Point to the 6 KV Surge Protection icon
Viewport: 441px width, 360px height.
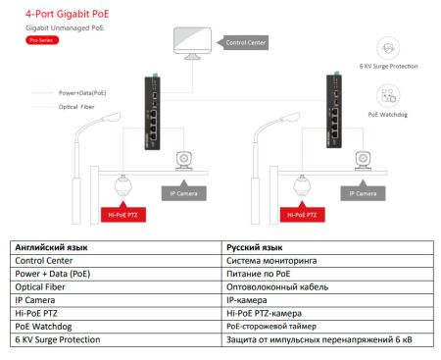386,48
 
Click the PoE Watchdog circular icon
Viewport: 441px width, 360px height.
386,95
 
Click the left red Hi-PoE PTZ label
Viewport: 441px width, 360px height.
120,213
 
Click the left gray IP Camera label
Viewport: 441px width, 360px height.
181,194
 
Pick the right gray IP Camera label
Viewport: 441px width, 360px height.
357,194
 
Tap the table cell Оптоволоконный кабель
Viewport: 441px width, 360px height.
277,287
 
